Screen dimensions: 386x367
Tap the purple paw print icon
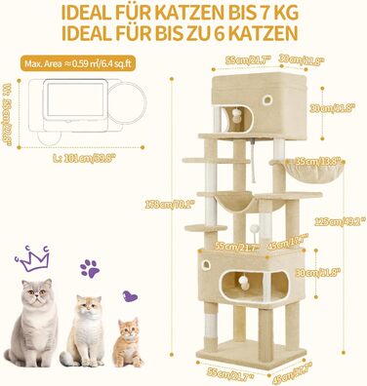coord(91,267)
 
